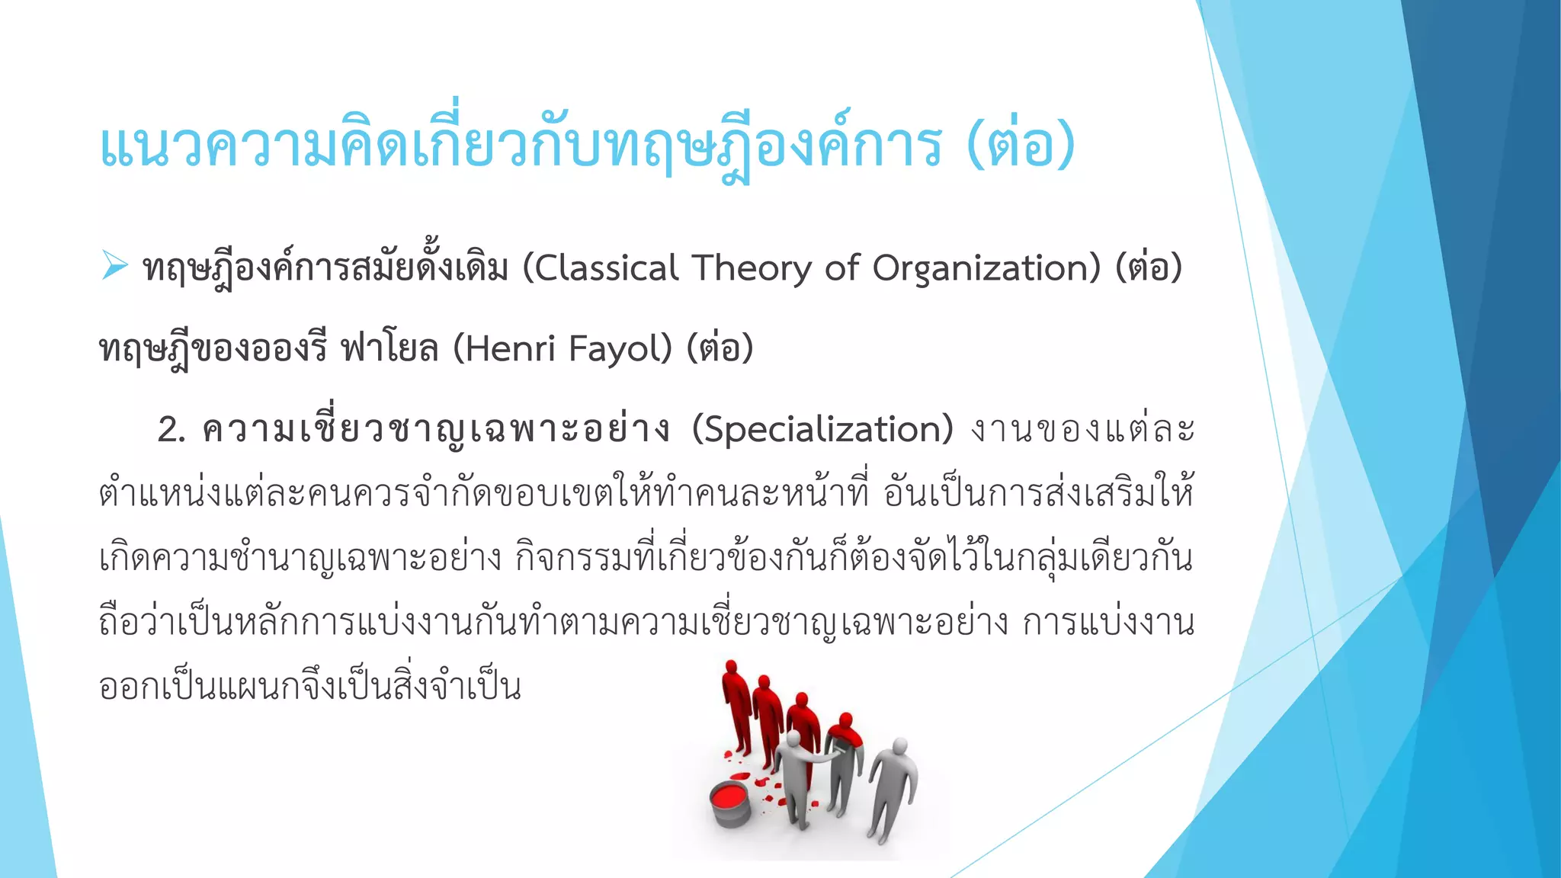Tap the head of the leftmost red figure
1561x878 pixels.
tap(732, 668)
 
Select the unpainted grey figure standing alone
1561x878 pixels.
tap(893, 785)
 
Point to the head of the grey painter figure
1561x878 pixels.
tap(794, 739)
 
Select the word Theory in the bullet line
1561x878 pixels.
tap(752, 268)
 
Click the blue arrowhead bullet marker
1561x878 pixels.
tap(114, 266)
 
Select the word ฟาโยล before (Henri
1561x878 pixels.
tap(389, 349)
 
